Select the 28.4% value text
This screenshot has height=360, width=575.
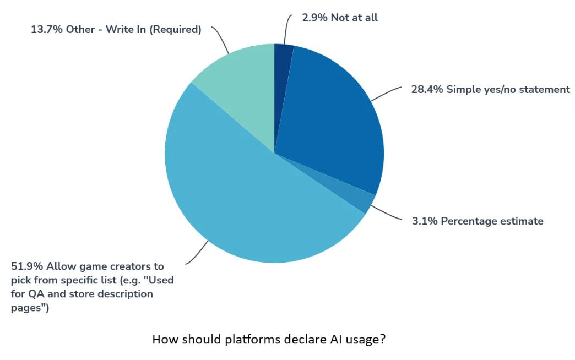pos(427,89)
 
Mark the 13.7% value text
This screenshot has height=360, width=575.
pos(47,30)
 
